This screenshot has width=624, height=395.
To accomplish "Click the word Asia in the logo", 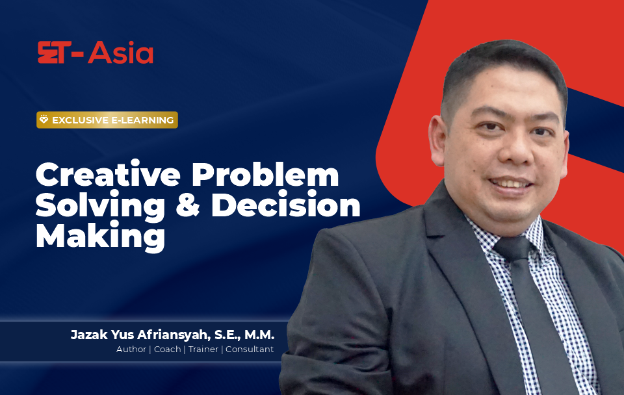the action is coord(121,53).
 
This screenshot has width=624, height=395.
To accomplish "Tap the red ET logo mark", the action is coord(55,52).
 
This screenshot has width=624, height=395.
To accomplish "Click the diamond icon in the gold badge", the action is coord(44,120).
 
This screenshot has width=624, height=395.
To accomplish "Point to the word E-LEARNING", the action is coord(142,120).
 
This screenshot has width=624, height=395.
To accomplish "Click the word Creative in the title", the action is coord(108,174).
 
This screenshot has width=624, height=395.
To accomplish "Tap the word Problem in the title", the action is coord(265,174).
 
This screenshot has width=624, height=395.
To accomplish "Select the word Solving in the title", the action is coord(100,206).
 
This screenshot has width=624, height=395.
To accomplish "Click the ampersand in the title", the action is coord(187,205).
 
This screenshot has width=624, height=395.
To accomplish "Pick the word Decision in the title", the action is coord(286,205).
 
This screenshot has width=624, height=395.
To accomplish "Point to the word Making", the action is coord(100,236).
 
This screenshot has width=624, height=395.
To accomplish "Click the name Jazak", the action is coord(89,335).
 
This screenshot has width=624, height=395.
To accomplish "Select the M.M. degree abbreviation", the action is coord(259,335).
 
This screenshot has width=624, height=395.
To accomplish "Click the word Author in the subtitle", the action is coord(131,350).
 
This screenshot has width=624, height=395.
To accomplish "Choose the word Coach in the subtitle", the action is coord(167,350).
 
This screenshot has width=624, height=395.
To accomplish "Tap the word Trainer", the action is coord(203,350).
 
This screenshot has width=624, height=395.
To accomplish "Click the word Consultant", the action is coord(250,350).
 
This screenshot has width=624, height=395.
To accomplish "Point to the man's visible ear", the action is coord(437,141).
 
